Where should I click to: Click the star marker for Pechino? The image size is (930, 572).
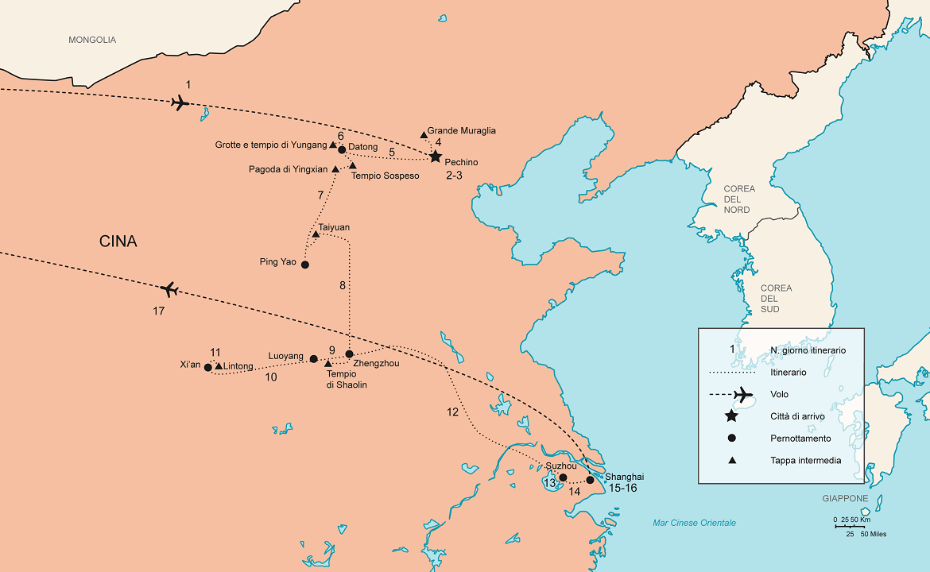[436, 157]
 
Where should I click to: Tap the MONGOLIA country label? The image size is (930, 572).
[92, 40]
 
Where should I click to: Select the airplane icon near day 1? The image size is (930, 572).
[180, 102]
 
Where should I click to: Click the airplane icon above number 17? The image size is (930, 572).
[168, 289]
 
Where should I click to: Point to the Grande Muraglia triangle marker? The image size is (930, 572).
[424, 135]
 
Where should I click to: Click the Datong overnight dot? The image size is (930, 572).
[342, 149]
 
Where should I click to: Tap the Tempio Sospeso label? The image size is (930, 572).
[385, 176]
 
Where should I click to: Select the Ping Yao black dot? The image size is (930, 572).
[304, 265]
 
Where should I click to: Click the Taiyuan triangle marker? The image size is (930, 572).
[316, 234]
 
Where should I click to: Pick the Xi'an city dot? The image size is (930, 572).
[208, 367]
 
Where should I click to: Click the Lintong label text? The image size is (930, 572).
[238, 366]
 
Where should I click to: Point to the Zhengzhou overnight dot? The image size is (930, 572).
[349, 354]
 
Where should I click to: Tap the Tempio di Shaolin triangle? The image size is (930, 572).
[327, 363]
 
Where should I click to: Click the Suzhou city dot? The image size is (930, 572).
[563, 477]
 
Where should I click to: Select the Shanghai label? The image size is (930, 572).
[625, 477]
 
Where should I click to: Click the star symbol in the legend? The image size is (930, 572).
[731, 416]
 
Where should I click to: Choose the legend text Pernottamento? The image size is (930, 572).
[800, 439]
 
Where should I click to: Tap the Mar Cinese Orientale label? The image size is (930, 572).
[694, 523]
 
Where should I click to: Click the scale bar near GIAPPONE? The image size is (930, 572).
[849, 526]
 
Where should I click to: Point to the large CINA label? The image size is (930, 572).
[118, 242]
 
